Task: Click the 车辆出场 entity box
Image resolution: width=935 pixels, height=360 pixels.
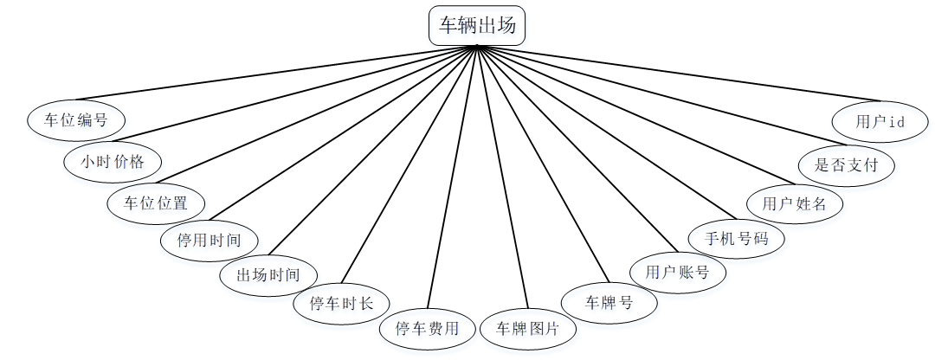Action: click(476, 25)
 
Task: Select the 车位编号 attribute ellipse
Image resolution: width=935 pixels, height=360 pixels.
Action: click(76, 119)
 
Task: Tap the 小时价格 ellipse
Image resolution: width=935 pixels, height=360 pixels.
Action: click(113, 162)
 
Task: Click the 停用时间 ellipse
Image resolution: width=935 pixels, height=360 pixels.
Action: click(209, 240)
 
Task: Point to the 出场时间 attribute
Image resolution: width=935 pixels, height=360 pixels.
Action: click(268, 275)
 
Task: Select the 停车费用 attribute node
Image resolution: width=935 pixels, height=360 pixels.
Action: click(428, 329)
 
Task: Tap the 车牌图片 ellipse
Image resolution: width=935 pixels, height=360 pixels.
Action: click(528, 329)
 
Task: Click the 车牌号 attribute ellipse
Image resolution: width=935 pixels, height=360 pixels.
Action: click(609, 303)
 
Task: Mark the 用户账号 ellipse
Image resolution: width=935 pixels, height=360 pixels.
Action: click(678, 273)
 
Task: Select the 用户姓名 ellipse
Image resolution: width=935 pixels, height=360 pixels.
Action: click(795, 204)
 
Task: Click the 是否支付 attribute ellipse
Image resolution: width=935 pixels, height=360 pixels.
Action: click(846, 163)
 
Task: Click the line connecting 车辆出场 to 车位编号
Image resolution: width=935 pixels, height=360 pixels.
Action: click(277, 74)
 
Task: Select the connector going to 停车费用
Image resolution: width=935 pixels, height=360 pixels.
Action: click(453, 177)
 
